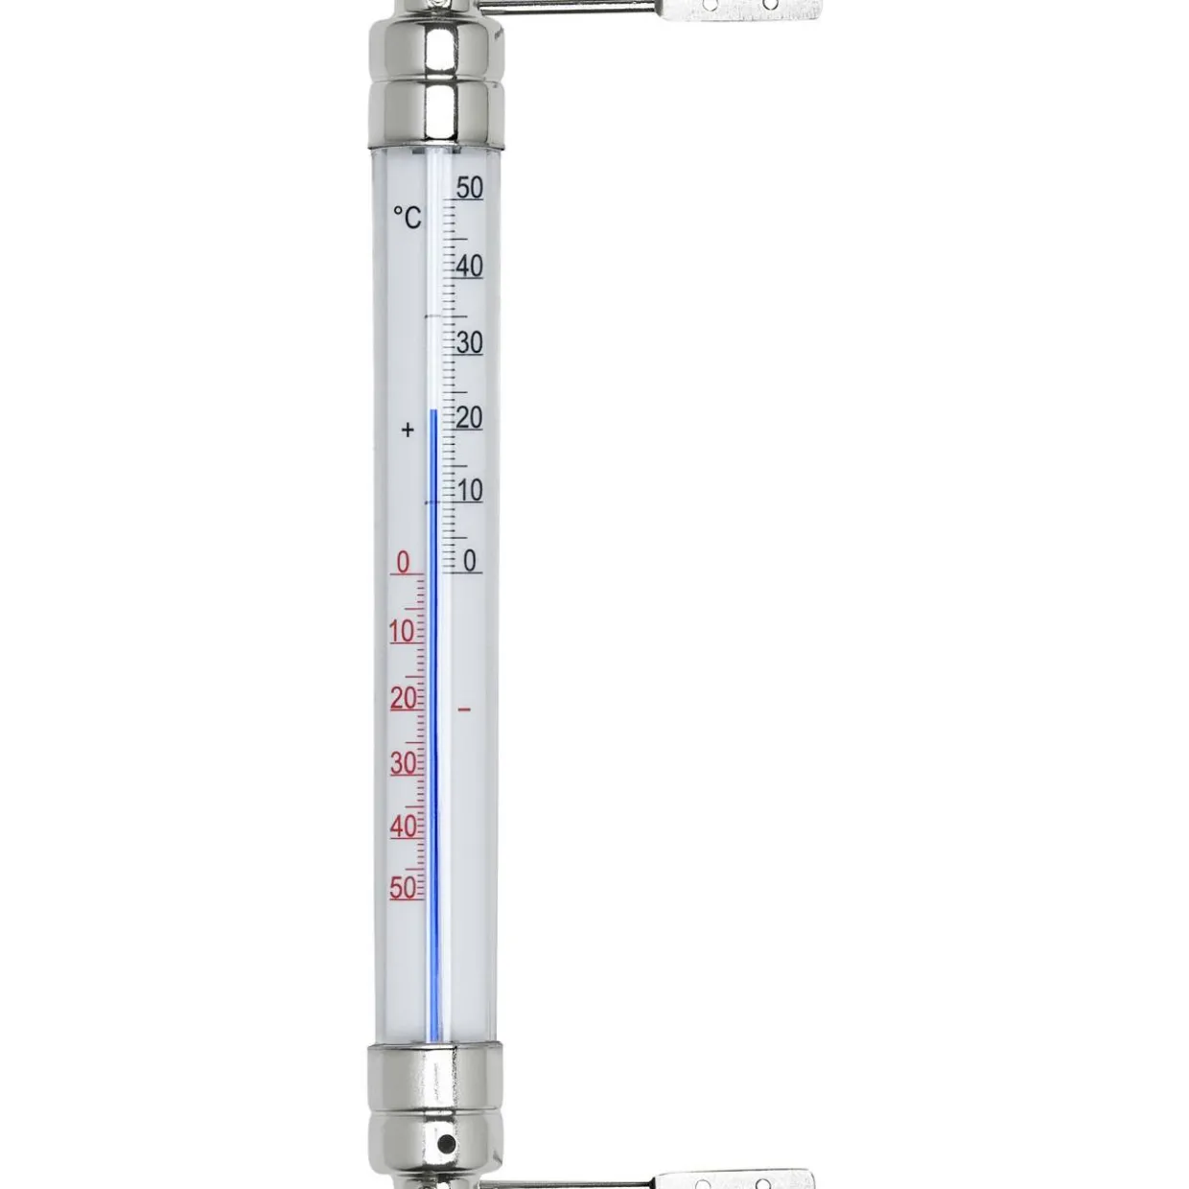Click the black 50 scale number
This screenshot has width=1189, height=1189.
[470, 188]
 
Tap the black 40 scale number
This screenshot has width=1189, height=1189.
[470, 267]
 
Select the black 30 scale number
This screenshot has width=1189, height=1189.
[470, 342]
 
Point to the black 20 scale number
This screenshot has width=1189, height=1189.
[470, 418]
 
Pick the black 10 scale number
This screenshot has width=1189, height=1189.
[470, 491]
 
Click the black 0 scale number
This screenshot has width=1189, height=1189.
[470, 562]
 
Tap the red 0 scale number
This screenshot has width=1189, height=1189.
[403, 563]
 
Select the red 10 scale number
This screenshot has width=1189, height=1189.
[403, 632]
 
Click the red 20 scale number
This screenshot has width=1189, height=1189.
[404, 698]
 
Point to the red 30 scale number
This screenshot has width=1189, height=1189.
[404, 764]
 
